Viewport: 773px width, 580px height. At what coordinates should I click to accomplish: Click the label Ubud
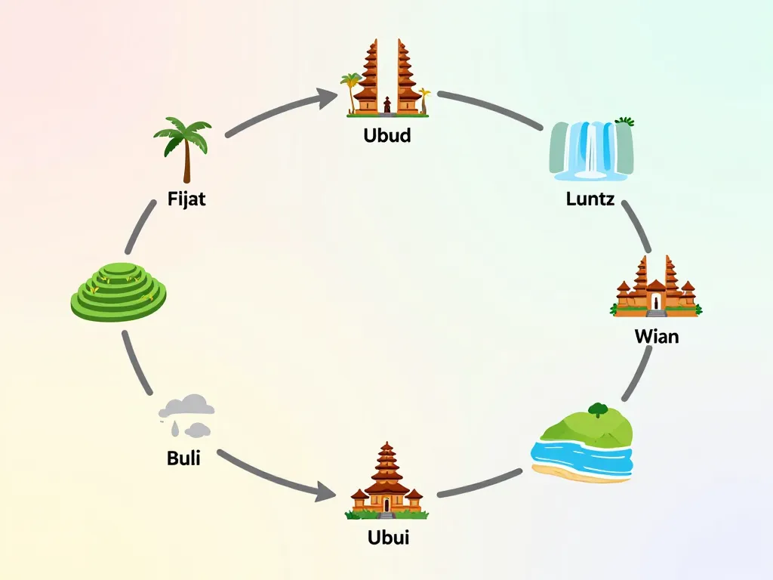tap(386, 137)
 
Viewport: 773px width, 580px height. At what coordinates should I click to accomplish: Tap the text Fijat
tap(186, 200)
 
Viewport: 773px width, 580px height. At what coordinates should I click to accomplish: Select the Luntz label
tap(590, 200)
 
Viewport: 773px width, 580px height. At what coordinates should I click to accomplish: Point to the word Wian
tap(656, 336)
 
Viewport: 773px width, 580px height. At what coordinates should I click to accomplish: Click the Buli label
tap(183, 458)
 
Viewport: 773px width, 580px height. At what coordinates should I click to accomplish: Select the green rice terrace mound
tap(119, 292)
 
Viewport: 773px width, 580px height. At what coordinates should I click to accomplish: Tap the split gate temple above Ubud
tap(387, 80)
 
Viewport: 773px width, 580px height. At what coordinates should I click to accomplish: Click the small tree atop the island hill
tap(598, 410)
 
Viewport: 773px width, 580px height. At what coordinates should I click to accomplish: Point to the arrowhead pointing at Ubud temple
tap(328, 97)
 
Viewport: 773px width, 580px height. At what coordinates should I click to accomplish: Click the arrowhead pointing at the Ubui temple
tap(325, 494)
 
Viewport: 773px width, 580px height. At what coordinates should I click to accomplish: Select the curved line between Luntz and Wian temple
tap(637, 227)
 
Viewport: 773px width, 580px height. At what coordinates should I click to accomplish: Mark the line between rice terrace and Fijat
tap(141, 227)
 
